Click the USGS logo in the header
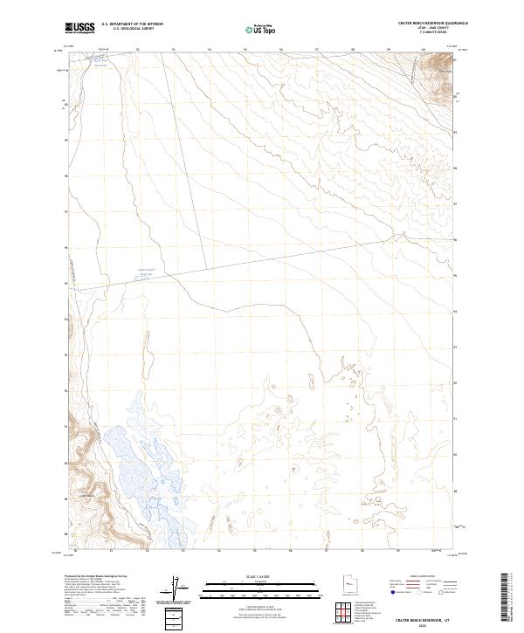pyautogui.click(x=80, y=28)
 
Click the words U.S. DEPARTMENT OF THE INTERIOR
pyautogui.click(x=132, y=24)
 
